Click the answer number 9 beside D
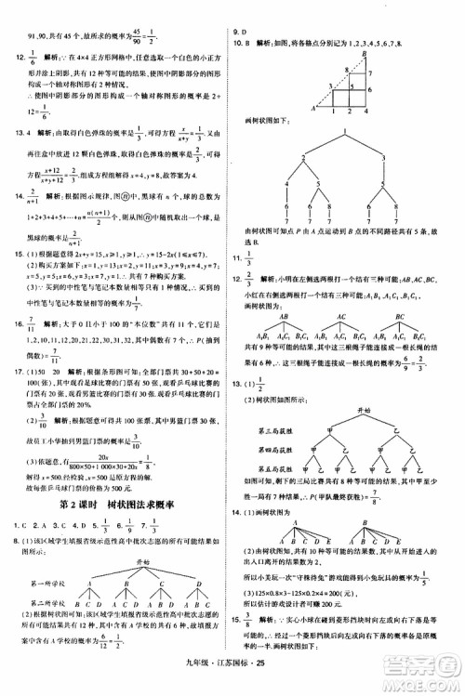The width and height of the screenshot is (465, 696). coord(235,32)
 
